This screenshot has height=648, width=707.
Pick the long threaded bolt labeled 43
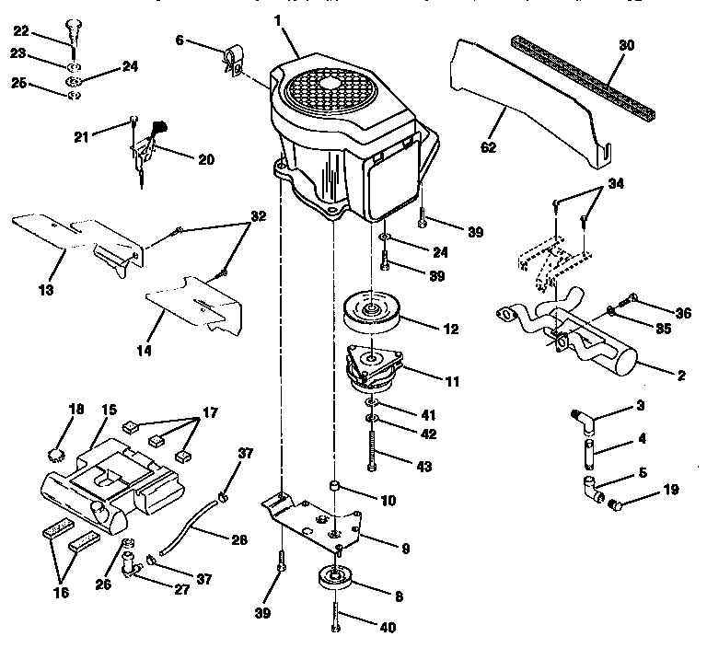click(372, 446)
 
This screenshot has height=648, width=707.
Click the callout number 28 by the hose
click(238, 539)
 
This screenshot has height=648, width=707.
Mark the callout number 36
click(682, 313)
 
